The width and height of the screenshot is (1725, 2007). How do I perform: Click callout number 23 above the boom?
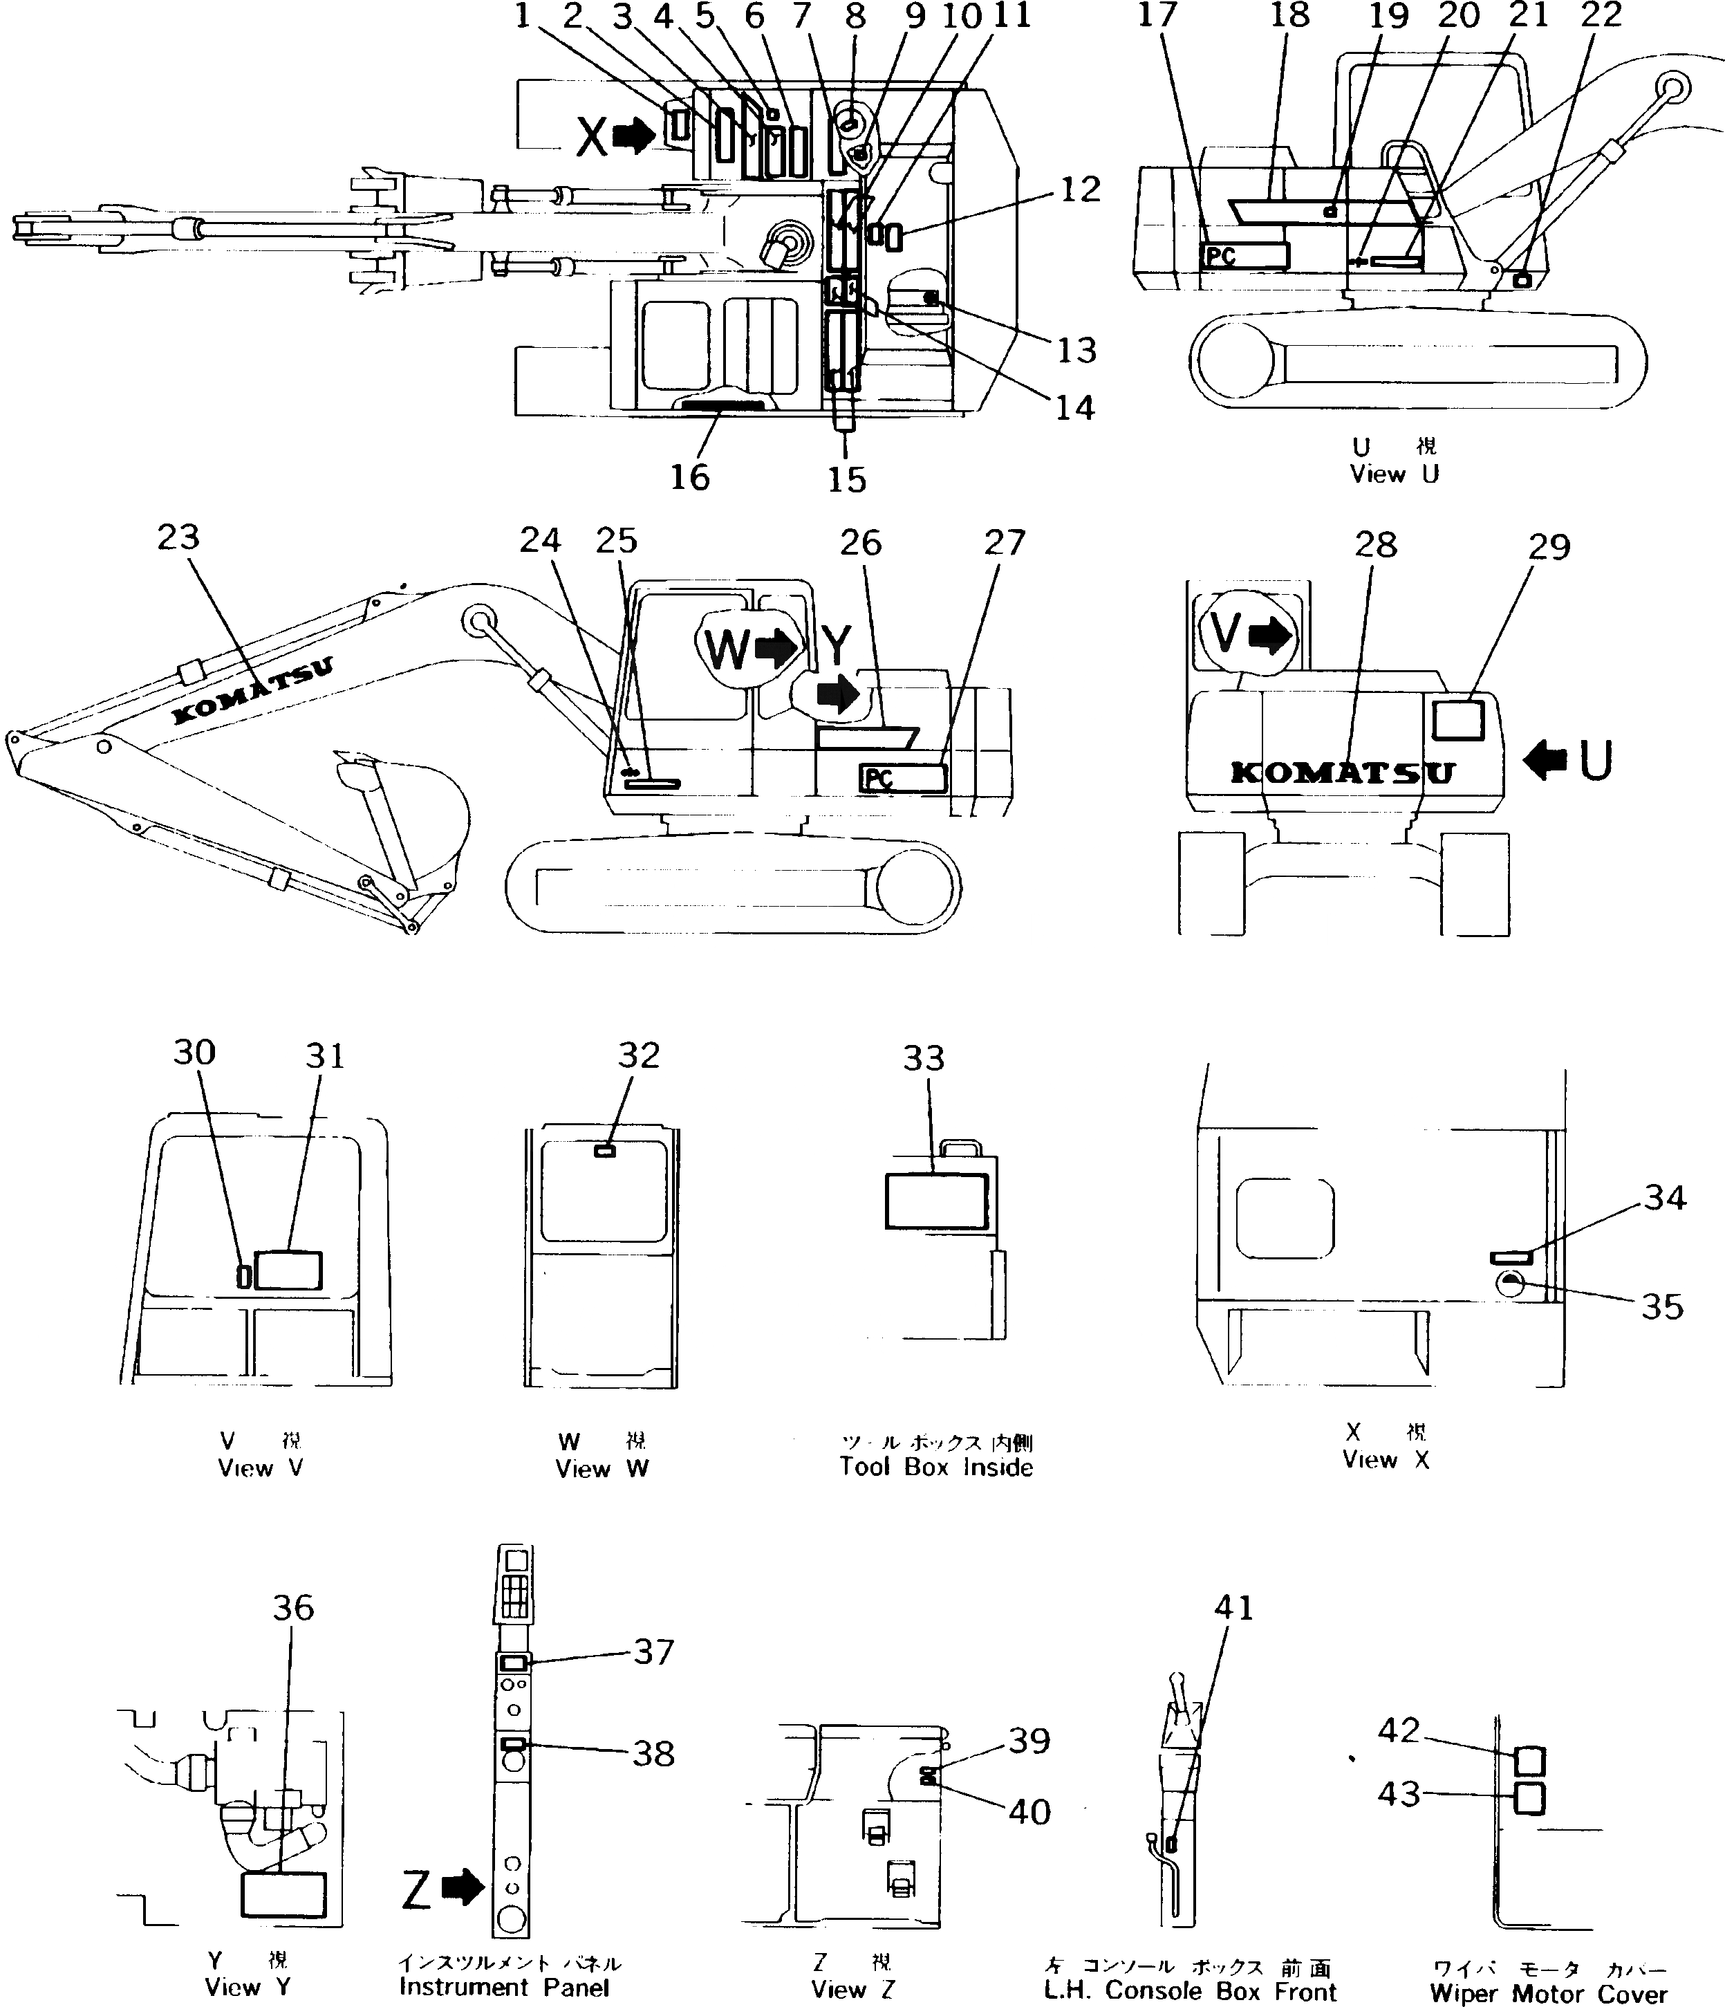point(178,537)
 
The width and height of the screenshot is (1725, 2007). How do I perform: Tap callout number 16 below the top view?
point(689,477)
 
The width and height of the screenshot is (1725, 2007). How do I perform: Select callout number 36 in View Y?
point(292,1608)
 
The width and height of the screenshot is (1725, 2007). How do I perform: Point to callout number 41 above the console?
point(1233,1608)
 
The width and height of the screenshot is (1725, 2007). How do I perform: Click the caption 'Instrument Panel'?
point(503,1988)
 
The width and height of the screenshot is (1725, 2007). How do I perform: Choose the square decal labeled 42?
point(1529,1761)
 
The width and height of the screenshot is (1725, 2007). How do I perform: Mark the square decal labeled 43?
point(1529,1799)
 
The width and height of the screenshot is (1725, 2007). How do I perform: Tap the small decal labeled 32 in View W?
point(604,1151)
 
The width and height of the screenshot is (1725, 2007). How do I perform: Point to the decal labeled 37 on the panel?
point(513,1662)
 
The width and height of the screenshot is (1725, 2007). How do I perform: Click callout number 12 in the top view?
point(1080,190)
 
